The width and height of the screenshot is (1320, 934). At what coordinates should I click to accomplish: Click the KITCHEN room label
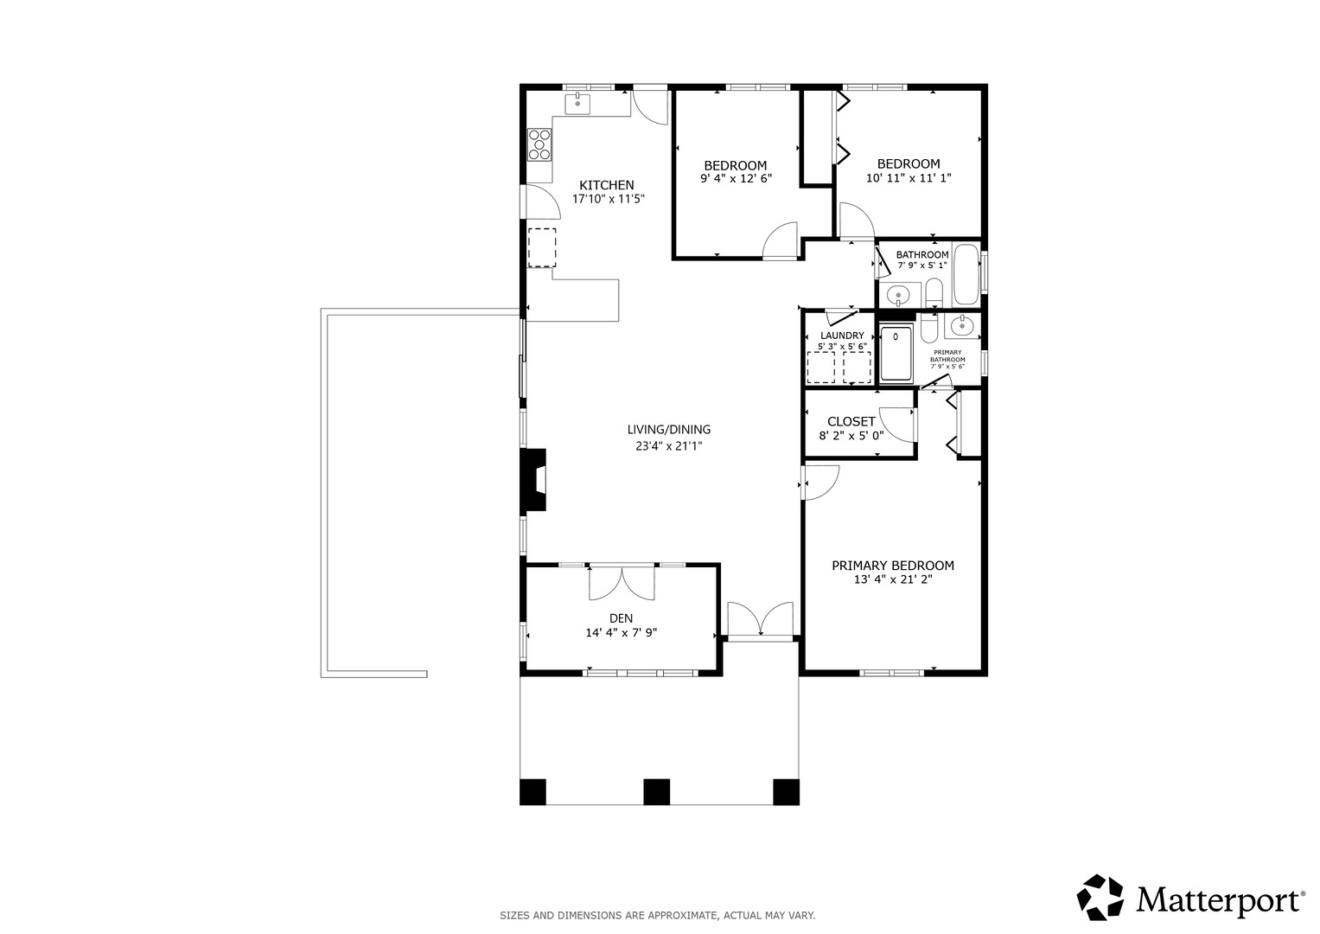[x=606, y=185]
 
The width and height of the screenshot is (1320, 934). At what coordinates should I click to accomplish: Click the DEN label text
[x=622, y=618]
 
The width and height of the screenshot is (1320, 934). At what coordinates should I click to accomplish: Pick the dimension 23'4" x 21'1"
[x=669, y=446]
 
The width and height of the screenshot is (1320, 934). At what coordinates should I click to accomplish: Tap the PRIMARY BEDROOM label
[x=893, y=566]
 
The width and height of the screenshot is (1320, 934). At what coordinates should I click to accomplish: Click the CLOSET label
[x=851, y=422]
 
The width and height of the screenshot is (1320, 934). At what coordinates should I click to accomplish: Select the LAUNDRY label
[x=842, y=336]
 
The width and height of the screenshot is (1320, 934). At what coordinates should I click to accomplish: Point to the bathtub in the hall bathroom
[x=966, y=273]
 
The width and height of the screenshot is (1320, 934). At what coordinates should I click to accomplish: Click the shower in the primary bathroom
[x=896, y=355]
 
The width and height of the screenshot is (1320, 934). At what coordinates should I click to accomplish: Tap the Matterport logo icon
[x=1100, y=898]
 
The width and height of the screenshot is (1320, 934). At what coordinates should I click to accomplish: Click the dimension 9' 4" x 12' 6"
[x=736, y=179]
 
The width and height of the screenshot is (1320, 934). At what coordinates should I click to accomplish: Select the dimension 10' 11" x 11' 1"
[x=909, y=177]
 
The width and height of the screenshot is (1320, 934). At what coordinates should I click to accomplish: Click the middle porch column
[x=656, y=792]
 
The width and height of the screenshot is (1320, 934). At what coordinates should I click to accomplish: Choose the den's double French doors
[x=622, y=583]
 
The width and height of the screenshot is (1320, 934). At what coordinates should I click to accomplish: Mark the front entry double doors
[x=761, y=619]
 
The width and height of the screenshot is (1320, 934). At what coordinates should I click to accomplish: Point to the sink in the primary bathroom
[x=962, y=325]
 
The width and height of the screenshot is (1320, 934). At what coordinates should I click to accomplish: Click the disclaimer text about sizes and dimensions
[x=658, y=916]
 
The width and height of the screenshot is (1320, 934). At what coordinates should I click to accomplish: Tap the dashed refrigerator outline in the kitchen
[x=541, y=247]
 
